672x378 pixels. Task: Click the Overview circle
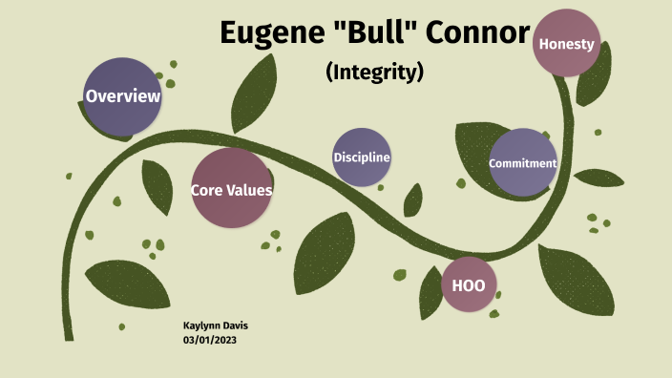click(122, 95)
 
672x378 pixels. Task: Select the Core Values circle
click(231, 188)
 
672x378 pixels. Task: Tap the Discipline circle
click(362, 157)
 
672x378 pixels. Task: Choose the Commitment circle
click(522, 162)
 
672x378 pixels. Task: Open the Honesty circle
click(566, 44)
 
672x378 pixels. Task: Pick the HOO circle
click(470, 284)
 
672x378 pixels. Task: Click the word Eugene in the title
click(266, 33)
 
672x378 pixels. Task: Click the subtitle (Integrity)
click(375, 72)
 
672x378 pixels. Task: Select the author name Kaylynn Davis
click(216, 325)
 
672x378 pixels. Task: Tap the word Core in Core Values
click(207, 190)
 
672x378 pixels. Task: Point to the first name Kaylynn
click(203, 325)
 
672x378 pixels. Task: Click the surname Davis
click(237, 325)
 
